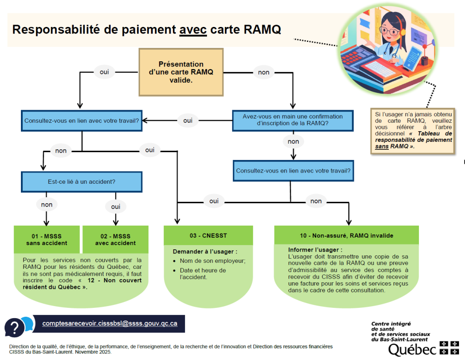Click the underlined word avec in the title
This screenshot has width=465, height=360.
point(193,30)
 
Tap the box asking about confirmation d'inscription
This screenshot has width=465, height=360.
point(292,120)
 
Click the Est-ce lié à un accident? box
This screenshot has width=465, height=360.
point(81,181)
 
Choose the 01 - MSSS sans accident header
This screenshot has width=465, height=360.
point(46,240)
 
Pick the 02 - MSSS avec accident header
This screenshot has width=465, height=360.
point(115,240)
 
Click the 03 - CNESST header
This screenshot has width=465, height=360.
point(208,235)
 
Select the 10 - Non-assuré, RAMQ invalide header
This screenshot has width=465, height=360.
point(346,235)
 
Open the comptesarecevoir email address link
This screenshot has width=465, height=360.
point(110,323)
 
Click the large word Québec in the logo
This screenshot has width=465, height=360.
point(412,349)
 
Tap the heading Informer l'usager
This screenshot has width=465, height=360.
point(315,249)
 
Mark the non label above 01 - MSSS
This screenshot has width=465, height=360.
point(46,204)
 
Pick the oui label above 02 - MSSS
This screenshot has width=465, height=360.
point(115,206)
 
